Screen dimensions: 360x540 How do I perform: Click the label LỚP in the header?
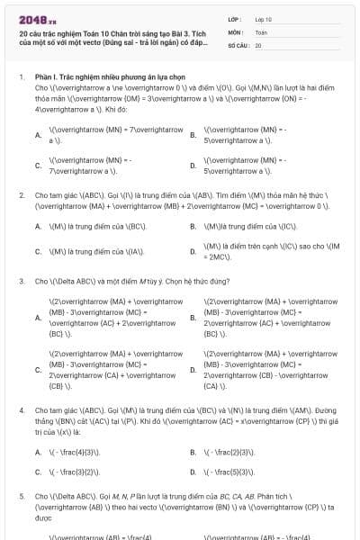(x=233, y=18)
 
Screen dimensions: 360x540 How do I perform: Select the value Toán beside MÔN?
(x=261, y=31)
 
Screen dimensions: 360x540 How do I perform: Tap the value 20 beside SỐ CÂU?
(x=258, y=44)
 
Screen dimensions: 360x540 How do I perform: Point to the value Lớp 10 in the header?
(x=263, y=18)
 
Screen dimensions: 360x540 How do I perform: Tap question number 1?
(x=21, y=78)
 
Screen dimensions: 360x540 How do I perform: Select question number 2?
(x=21, y=194)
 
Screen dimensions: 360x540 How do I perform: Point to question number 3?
(x=21, y=281)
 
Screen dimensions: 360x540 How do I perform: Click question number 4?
(x=21, y=409)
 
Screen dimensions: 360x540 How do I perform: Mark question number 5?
(x=21, y=496)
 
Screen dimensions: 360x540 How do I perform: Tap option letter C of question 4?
(x=38, y=471)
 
